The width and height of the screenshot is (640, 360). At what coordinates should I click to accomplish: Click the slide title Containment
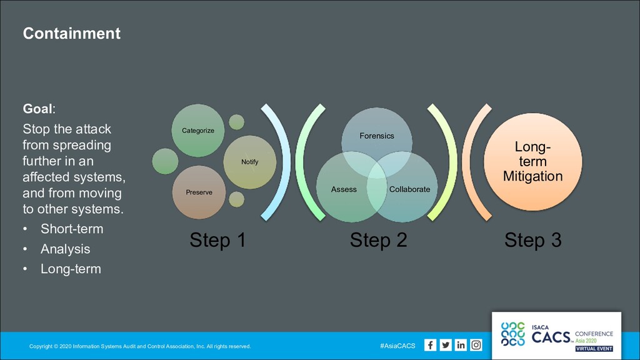coord(71,33)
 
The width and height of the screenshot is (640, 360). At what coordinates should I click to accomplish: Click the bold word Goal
coord(37,109)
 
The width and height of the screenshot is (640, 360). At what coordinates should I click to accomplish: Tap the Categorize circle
coord(198,131)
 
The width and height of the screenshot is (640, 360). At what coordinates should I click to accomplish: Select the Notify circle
coord(249,162)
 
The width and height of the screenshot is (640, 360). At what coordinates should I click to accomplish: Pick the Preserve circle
coord(199,192)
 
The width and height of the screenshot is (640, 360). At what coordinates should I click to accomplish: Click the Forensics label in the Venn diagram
coord(377,136)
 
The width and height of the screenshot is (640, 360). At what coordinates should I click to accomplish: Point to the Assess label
coord(344,189)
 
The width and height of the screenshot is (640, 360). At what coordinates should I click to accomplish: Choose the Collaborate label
coord(409,189)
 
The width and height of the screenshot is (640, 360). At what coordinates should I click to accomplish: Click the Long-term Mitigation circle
coord(532,162)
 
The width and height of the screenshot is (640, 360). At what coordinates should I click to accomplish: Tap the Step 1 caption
coord(217,240)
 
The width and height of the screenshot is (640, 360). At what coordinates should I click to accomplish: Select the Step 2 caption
coord(378,240)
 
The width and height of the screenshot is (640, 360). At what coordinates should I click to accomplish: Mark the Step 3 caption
coord(532,240)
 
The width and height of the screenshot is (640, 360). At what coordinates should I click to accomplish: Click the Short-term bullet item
coord(72,229)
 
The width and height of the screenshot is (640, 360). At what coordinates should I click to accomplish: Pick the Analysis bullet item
coord(65,249)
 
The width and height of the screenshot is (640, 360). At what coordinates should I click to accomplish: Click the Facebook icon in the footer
coord(431,345)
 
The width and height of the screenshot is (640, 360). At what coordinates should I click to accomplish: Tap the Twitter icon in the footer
coord(446,345)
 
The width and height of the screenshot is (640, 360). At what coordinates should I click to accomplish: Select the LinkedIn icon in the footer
coord(461,345)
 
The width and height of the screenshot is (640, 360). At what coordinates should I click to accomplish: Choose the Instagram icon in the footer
coord(476,345)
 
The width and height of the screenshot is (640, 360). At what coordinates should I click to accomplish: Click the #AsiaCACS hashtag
coord(397,346)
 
